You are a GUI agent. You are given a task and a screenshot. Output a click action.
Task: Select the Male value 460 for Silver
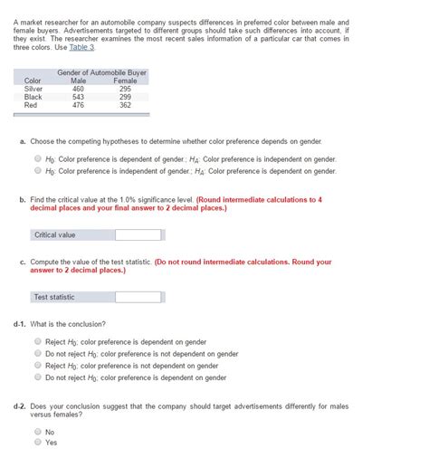[78, 89]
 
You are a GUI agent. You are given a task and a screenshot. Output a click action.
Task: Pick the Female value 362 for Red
[125, 105]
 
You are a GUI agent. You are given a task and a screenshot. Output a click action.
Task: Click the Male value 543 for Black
[78, 97]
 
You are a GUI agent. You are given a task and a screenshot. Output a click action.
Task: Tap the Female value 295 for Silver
[125, 89]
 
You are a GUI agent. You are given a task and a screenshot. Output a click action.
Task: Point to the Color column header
[33, 81]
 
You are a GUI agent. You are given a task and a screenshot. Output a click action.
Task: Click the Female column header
[125, 81]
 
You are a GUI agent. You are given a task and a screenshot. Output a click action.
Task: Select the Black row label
[33, 97]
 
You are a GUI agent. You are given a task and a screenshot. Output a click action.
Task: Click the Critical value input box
[138, 235]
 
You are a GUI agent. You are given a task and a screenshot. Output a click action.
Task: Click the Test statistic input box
[138, 297]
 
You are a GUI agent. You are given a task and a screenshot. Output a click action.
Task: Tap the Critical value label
[55, 235]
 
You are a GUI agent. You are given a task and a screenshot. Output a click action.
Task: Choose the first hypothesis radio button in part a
[37, 158]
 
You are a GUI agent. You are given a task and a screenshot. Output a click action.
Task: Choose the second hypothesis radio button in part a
[37, 170]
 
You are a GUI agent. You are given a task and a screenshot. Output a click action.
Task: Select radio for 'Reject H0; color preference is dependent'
[37, 342]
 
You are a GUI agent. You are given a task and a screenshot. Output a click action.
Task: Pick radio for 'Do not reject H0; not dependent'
[37, 354]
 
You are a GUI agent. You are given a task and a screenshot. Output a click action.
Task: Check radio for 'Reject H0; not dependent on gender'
[37, 366]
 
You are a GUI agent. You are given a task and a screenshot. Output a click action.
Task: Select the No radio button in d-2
[37, 432]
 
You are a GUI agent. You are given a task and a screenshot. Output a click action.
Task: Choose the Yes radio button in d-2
[37, 443]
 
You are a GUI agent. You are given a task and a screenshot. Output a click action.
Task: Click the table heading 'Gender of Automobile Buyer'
[101, 72]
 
